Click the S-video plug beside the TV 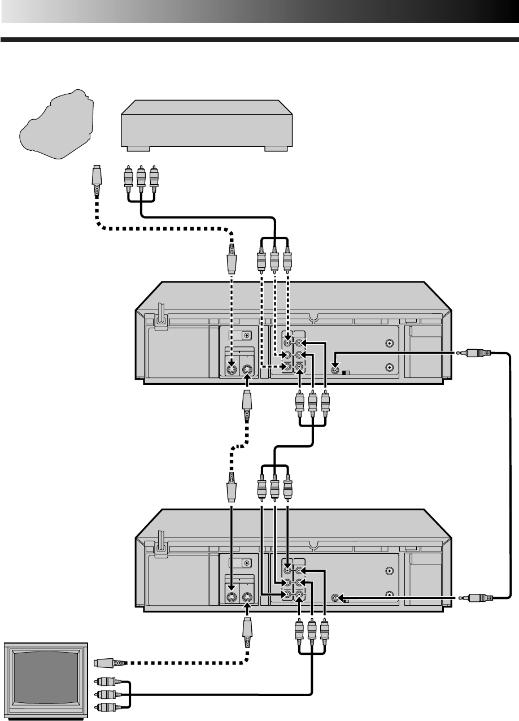click(104, 662)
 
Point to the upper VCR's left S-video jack click(230, 371)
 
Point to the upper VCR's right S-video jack click(247, 371)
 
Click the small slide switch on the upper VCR click(347, 373)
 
